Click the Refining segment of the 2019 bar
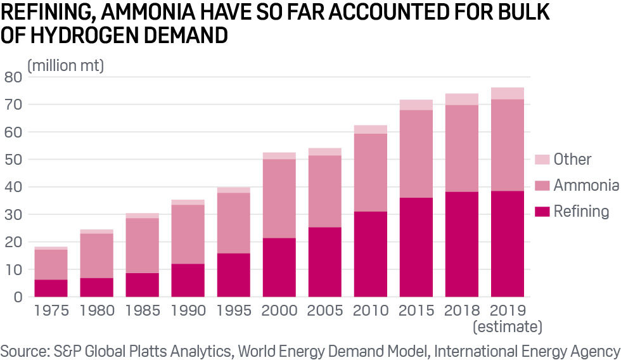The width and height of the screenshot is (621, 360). pyautogui.click(x=508, y=244)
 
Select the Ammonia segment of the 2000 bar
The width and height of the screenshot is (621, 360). pyautogui.click(x=279, y=198)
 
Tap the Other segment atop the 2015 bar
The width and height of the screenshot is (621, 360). pyautogui.click(x=416, y=105)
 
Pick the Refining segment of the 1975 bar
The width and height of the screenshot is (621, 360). pyautogui.click(x=51, y=288)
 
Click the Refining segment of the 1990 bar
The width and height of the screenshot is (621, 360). pyautogui.click(x=188, y=280)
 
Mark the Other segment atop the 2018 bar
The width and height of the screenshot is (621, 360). pyautogui.click(x=462, y=99)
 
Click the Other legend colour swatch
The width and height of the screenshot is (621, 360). pyautogui.click(x=542, y=158)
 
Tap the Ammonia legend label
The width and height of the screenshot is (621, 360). pyautogui.click(x=586, y=185)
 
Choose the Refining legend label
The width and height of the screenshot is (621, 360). pyautogui.click(x=581, y=212)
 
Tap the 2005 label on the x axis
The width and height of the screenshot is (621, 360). pyautogui.click(x=325, y=311)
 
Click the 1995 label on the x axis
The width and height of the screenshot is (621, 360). pyautogui.click(x=234, y=311)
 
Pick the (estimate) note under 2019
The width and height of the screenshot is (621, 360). pyautogui.click(x=508, y=327)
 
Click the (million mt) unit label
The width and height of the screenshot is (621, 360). pyautogui.click(x=65, y=65)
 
